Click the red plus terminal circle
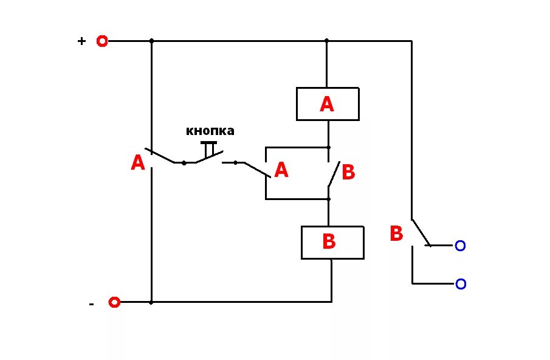102,41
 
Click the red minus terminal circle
114,302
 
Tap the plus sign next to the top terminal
81,41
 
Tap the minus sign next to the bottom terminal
91,303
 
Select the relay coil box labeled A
328,104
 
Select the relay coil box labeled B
332,242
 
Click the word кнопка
210,131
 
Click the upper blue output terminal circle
460,246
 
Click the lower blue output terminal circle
461,284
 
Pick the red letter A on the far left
138,163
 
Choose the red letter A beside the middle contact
281,170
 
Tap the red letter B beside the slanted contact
348,173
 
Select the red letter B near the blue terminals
396,234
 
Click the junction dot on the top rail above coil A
326,41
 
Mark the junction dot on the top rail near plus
151,41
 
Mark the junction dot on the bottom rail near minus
151,302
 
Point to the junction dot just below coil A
329,147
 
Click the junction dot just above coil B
329,199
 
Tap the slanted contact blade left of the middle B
334,175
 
